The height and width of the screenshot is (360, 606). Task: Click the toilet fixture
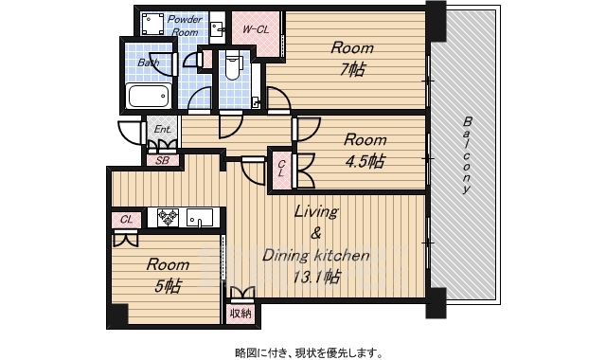point(232,66)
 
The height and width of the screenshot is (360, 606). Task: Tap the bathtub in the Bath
point(149,96)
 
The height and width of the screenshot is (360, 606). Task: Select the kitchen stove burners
point(168,217)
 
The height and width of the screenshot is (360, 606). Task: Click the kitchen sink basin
point(200,217)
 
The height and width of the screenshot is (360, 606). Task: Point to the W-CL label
point(256,29)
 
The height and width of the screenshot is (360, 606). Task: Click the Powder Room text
point(185,26)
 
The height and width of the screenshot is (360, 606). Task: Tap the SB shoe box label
point(162,160)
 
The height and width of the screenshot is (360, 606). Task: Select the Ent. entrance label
point(162,129)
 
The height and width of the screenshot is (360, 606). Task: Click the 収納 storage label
point(241,314)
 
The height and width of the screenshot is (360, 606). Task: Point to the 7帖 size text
point(352,70)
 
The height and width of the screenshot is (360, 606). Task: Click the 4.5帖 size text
point(365,161)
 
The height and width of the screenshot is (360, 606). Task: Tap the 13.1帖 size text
point(316,277)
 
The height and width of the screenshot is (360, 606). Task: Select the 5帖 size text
point(168,286)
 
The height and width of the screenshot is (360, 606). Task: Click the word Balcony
point(467,154)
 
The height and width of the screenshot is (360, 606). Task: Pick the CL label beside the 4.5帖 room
point(281,169)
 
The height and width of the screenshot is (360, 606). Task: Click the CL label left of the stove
point(126,220)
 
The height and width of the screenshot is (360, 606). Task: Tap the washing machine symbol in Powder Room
point(152,24)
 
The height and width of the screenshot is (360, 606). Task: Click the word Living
point(316,211)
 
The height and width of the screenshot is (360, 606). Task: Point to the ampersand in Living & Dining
point(315,234)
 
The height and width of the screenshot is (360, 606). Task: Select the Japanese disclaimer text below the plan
point(310,352)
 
